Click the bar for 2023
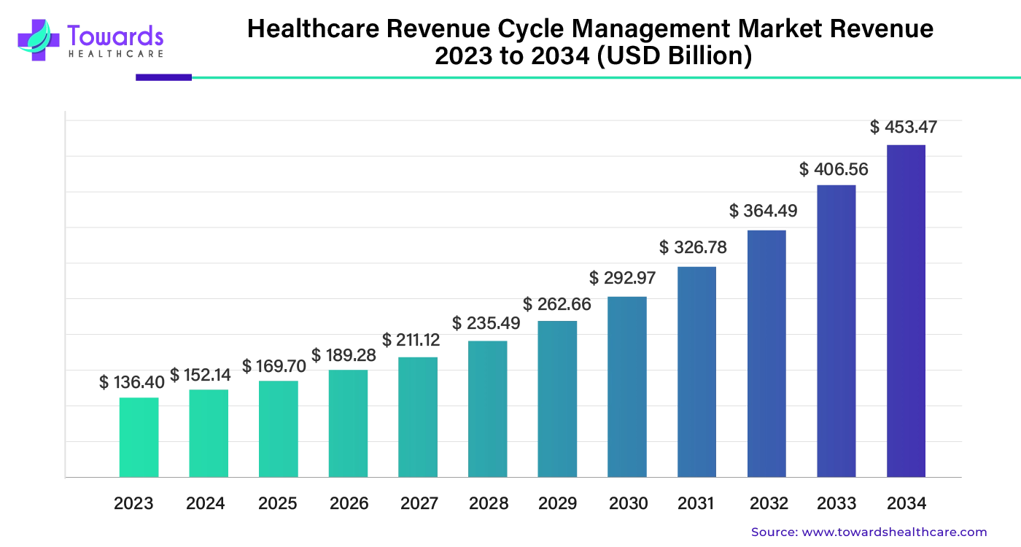pos(139,438)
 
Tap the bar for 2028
pos(488,409)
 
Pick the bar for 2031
pos(696,372)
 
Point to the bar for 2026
pos(348,424)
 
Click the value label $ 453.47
pos(904,128)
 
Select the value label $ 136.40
pos(132,382)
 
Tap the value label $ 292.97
pos(623,278)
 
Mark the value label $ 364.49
pos(763,212)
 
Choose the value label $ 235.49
pos(486,323)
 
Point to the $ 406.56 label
pos(834,170)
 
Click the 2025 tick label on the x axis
pos(277,503)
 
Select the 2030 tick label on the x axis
pos(628,503)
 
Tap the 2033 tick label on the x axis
pos(836,503)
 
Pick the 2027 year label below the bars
pos(419,503)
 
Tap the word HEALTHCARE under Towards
pos(115,54)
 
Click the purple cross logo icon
pos(38,39)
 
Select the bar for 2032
pos(766,354)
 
